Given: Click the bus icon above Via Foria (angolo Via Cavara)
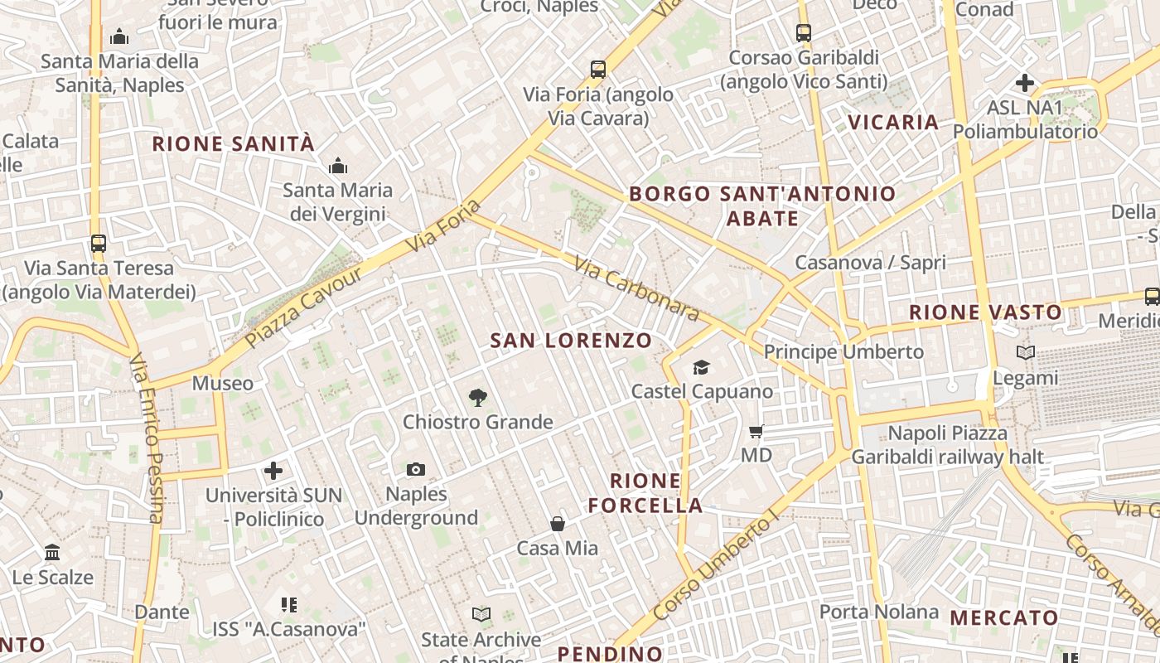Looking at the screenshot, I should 598,70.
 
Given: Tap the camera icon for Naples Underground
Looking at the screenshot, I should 416,470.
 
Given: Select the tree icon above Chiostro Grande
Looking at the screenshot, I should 477,398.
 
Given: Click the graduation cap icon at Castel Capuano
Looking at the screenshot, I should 702,367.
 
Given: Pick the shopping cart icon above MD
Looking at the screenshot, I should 756,431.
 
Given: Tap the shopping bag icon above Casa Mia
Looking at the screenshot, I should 558,524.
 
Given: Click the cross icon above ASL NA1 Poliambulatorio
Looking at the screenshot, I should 1025,83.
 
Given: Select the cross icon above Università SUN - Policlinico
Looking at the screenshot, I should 273,472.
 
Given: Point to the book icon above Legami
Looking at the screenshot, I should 1026,353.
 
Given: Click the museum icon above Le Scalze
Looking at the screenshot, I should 52,552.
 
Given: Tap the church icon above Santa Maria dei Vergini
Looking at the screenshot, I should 337,167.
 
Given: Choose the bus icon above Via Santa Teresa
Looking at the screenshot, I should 99,244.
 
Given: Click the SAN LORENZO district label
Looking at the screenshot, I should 571,341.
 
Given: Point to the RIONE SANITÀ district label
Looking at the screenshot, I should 234,144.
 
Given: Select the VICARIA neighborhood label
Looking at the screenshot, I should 893,123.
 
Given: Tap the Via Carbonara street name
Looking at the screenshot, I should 636,289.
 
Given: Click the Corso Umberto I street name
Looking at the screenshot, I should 716,565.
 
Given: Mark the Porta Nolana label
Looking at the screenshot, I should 879,612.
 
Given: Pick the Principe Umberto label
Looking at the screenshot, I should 843,351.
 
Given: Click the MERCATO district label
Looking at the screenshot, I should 1004,617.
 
